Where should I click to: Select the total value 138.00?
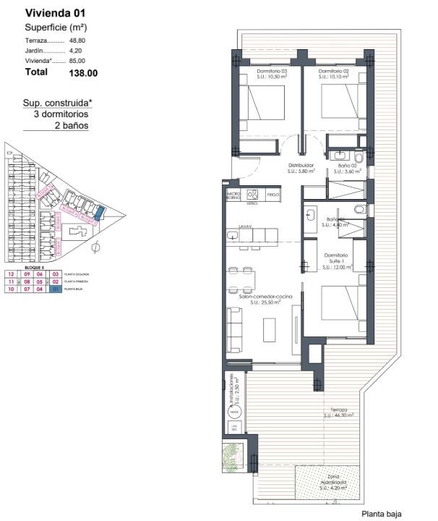point(83,72)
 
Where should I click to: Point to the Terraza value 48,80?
point(77,41)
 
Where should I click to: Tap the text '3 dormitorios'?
point(61,114)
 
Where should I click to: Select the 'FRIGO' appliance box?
point(272,195)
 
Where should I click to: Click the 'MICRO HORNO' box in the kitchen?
point(233,195)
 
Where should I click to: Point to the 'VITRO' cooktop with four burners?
point(252,195)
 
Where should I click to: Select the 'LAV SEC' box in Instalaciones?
point(234,429)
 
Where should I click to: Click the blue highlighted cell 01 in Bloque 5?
point(54,289)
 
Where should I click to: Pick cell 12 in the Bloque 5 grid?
point(11,274)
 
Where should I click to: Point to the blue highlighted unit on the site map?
point(100,212)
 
